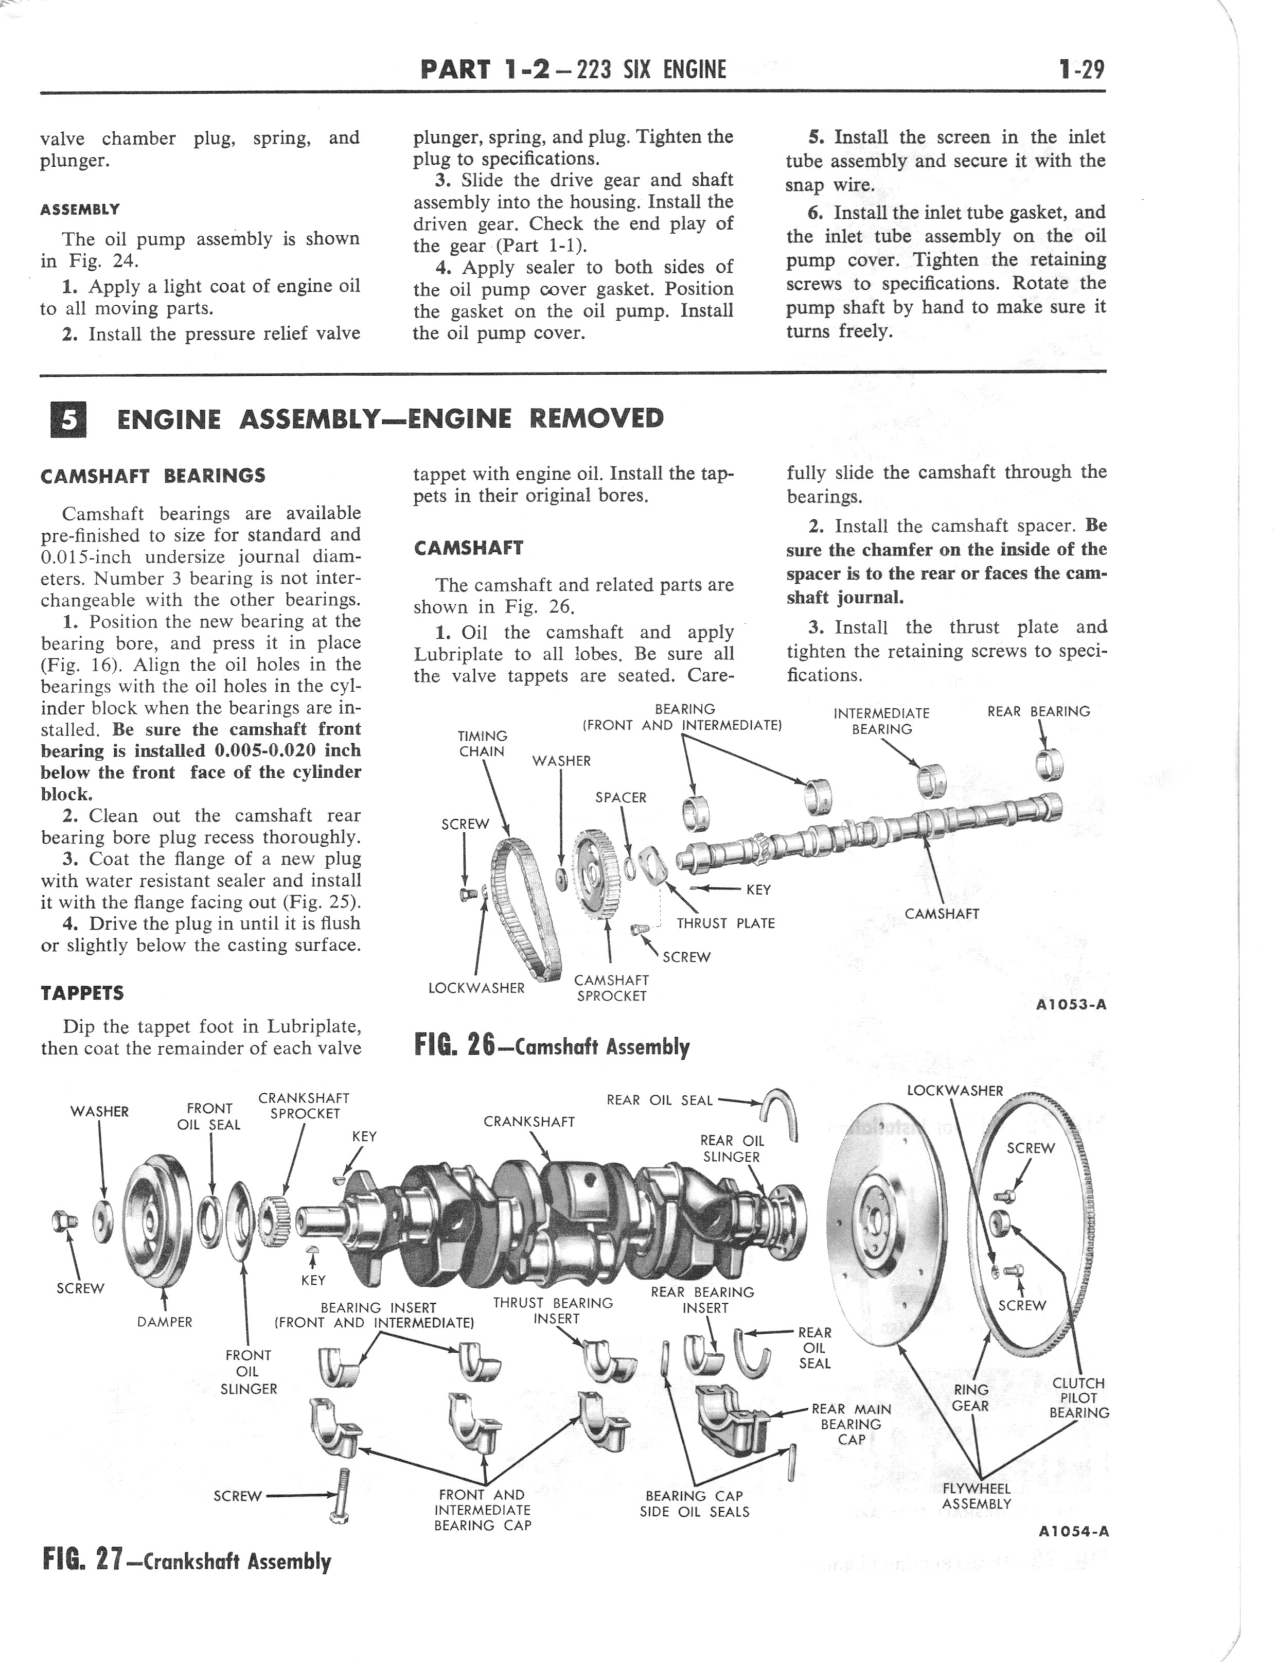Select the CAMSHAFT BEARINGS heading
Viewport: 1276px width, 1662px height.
pyautogui.click(x=153, y=476)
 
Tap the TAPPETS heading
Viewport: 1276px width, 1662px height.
pyautogui.click(x=82, y=993)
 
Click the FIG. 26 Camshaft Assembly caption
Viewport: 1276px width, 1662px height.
pyautogui.click(x=552, y=1047)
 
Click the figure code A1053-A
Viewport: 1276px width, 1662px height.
pyautogui.click(x=1070, y=1005)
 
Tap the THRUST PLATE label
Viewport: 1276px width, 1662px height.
pyautogui.click(x=725, y=924)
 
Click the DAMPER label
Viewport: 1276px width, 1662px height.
pyautogui.click(x=165, y=1322)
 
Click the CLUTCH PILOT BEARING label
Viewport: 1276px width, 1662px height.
pyautogui.click(x=1078, y=1397)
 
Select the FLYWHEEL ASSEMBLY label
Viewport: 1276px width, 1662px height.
pyautogui.click(x=976, y=1496)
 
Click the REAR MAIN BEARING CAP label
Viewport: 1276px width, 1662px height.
pyautogui.click(x=850, y=1424)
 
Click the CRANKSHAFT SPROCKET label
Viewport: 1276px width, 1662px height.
pyautogui.click(x=304, y=1105)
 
